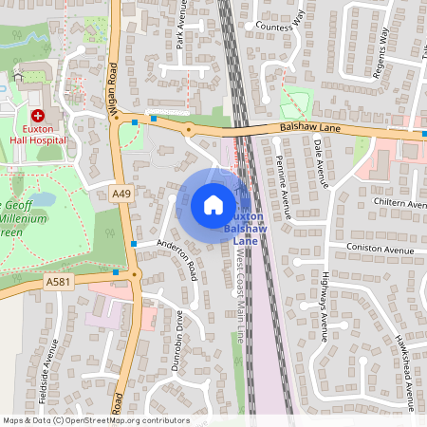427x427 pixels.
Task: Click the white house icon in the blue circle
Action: tap(213, 204)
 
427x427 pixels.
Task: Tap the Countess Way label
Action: tap(277, 28)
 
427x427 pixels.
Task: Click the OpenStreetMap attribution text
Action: tap(95, 420)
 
